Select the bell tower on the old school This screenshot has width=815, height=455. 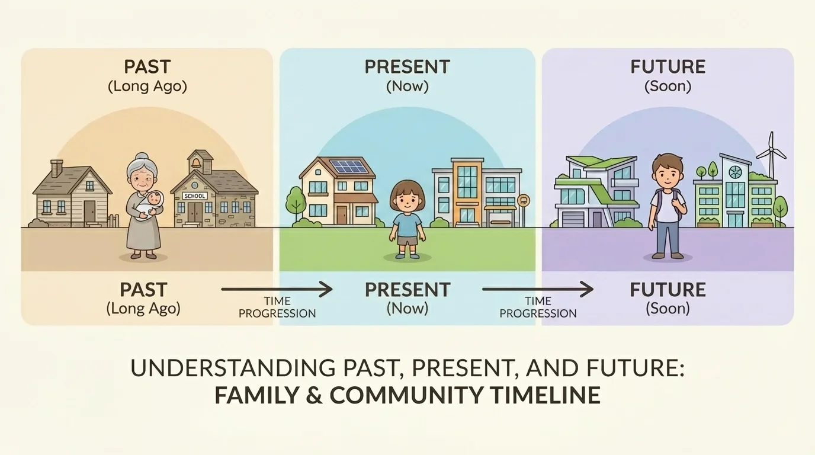pyautogui.click(x=200, y=162)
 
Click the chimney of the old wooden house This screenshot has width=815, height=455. pyautogui.click(x=57, y=168)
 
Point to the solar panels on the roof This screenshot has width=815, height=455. pyautogui.click(x=348, y=167)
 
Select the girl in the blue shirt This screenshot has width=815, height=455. pyautogui.click(x=407, y=219)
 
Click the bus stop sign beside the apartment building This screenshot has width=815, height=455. pyautogui.click(x=524, y=200)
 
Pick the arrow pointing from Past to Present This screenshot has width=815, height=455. pyautogui.click(x=277, y=290)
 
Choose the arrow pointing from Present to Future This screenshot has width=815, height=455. pyautogui.click(x=537, y=290)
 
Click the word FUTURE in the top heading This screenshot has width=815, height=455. pyautogui.click(x=668, y=66)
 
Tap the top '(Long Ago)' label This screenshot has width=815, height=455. pyautogui.click(x=147, y=86)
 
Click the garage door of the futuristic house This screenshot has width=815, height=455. pyautogui.click(x=573, y=219)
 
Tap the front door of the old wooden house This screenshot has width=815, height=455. pyautogui.click(x=89, y=211)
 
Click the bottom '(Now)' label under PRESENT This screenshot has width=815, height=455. pyautogui.click(x=407, y=309)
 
